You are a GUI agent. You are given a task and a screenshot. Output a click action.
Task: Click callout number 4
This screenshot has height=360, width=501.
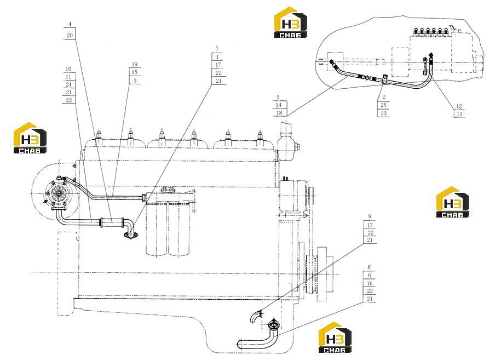coord(70,24)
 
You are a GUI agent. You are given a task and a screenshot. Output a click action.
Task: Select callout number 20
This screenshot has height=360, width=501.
coord(70,36)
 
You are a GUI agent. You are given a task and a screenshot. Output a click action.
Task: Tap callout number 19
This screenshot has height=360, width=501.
coord(135,64)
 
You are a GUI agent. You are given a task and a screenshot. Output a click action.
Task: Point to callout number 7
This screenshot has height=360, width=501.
coord(217,49)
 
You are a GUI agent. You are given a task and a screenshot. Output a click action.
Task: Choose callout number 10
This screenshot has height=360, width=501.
coord(68,68)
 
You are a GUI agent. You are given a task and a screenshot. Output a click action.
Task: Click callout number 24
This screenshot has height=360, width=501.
coord(68,84)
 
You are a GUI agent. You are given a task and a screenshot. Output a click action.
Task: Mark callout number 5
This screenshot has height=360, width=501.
coord(278,97)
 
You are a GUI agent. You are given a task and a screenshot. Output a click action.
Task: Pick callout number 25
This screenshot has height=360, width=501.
coord(383,105)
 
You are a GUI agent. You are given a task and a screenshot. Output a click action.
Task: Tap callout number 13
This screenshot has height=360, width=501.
coord(459,114)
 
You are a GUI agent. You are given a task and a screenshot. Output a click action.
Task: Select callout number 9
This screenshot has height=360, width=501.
coord(370,217)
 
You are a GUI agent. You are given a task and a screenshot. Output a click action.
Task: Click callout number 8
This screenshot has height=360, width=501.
coord(369,267)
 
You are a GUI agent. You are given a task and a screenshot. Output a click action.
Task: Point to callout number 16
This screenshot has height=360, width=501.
coord(370,283)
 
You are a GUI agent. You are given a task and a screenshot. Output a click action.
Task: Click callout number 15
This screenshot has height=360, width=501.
coord(135,72)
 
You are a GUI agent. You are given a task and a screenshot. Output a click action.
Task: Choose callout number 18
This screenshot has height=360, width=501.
coord(279,112)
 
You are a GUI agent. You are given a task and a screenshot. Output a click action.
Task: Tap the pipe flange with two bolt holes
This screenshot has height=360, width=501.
coord(131,236)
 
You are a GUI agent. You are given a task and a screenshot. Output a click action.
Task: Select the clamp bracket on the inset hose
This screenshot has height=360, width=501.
coord(385,79)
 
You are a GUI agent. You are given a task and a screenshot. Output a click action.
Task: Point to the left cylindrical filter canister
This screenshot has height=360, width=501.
coord(157,229)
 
